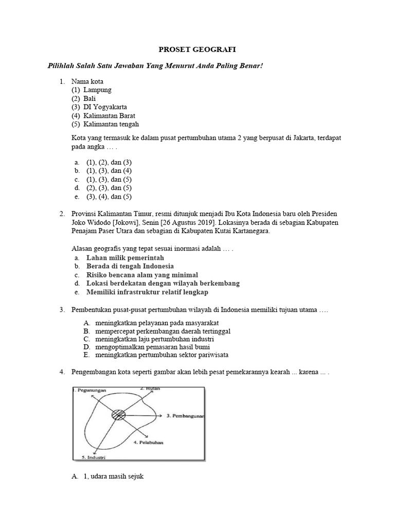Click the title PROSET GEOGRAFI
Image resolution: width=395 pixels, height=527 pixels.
[197, 49]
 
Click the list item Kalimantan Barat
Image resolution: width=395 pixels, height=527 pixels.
[111, 115]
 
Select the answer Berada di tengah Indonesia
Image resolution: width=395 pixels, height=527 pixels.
[130, 266]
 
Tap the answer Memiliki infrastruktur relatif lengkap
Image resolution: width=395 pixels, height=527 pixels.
[147, 292]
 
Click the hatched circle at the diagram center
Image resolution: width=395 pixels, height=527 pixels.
[118, 414]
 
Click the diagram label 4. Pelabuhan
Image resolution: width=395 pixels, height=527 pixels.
[149, 442]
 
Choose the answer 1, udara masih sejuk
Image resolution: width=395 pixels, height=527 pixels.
[114, 477]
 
